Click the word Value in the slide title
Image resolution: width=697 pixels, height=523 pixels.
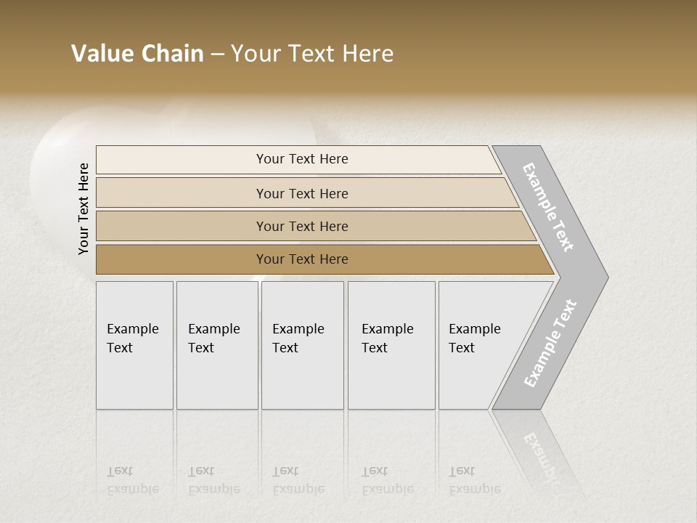pos(101,54)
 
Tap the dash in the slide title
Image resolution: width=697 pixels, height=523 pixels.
pos(217,54)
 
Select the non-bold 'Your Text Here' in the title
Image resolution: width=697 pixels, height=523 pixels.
pos(312,54)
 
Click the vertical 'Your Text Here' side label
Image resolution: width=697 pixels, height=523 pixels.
pos(83,208)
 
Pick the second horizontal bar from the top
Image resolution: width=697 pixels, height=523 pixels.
pos(302,193)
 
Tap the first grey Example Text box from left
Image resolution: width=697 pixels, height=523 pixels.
pos(134,345)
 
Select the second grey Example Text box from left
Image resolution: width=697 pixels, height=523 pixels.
pos(217,345)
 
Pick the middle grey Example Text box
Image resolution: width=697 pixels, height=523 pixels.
pos(302,345)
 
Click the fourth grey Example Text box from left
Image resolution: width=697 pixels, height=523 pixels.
pos(391,345)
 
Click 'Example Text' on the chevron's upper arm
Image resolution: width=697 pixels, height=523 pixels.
pos(549,207)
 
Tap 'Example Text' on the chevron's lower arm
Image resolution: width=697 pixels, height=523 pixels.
pos(550,343)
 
